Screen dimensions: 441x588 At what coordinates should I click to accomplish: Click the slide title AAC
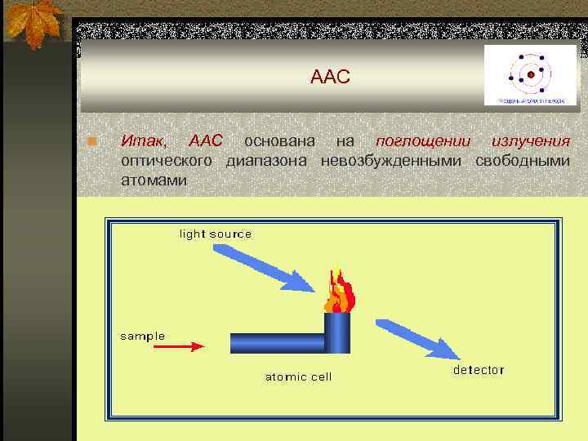click(330, 78)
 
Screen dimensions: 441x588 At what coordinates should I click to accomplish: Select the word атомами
click(154, 179)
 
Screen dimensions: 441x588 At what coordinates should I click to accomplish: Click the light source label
click(216, 234)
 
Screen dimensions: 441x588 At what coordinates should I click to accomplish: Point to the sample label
click(143, 336)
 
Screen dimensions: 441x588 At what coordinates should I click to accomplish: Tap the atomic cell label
click(299, 376)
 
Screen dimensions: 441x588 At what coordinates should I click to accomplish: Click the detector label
click(479, 370)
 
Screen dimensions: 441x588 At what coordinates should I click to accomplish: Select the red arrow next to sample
click(179, 346)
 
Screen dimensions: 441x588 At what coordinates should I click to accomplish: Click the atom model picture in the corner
click(530, 75)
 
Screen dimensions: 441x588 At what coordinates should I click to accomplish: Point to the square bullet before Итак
click(93, 144)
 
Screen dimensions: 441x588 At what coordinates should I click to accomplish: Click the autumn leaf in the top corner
click(33, 20)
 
